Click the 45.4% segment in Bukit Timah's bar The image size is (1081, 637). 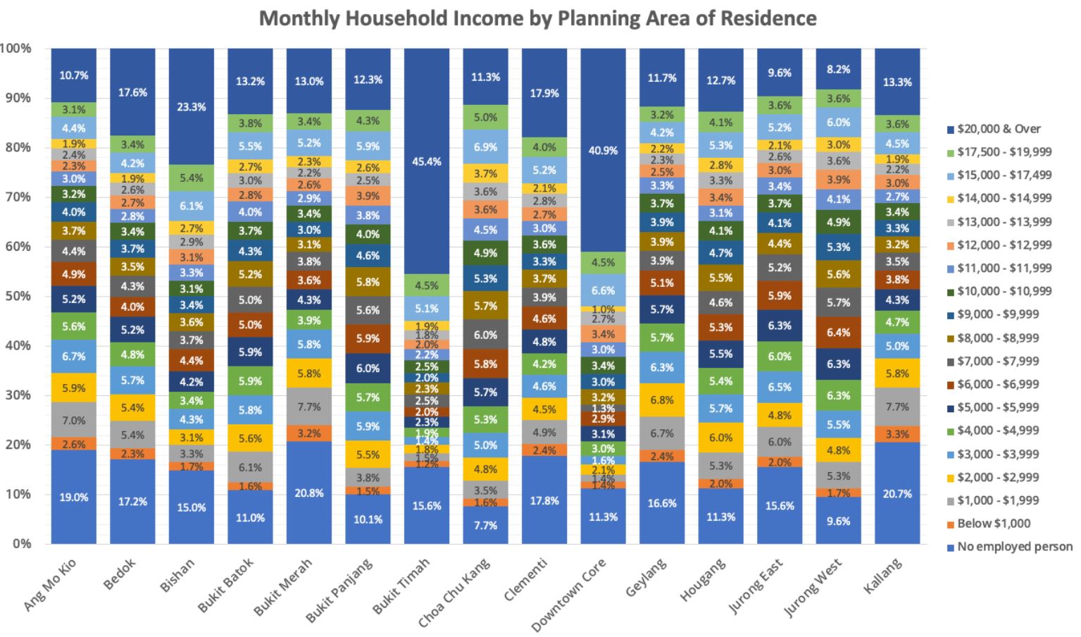coord(427,161)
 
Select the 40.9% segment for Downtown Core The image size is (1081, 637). coord(603,150)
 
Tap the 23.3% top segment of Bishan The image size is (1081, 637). coord(192,107)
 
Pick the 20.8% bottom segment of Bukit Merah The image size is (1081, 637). coord(309,493)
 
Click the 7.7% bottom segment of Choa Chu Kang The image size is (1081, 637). coord(485,525)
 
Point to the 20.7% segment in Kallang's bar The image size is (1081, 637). coord(896,493)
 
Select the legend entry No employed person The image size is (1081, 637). coord(1014,546)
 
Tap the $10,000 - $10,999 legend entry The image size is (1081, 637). coord(1004,291)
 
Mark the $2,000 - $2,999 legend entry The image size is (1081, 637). coord(1004,477)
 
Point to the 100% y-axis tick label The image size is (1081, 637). coord(15,49)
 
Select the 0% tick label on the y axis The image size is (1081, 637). coord(21,543)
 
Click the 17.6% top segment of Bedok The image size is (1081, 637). coord(133,92)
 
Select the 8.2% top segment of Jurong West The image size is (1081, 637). coord(838,69)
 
